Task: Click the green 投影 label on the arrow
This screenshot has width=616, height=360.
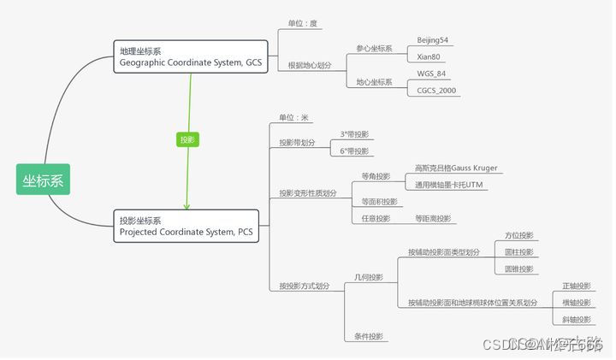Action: tap(187, 139)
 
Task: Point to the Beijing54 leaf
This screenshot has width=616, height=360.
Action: tap(434, 40)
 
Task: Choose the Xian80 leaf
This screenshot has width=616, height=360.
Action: tap(429, 56)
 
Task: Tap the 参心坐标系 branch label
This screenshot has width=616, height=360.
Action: tap(374, 49)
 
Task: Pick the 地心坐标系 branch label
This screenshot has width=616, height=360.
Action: tap(374, 82)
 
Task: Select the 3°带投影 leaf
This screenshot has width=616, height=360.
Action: tap(355, 134)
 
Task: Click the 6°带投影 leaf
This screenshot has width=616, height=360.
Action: tap(355, 151)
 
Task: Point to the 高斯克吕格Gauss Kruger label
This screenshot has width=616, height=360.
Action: tap(455, 168)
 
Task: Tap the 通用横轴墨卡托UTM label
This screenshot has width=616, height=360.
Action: tap(450, 185)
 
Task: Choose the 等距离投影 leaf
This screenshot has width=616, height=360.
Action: tap(432, 218)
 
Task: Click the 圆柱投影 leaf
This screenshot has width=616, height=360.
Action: tap(518, 252)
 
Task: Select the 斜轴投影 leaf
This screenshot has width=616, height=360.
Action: tap(576, 320)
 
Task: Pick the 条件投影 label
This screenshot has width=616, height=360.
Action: tap(369, 336)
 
